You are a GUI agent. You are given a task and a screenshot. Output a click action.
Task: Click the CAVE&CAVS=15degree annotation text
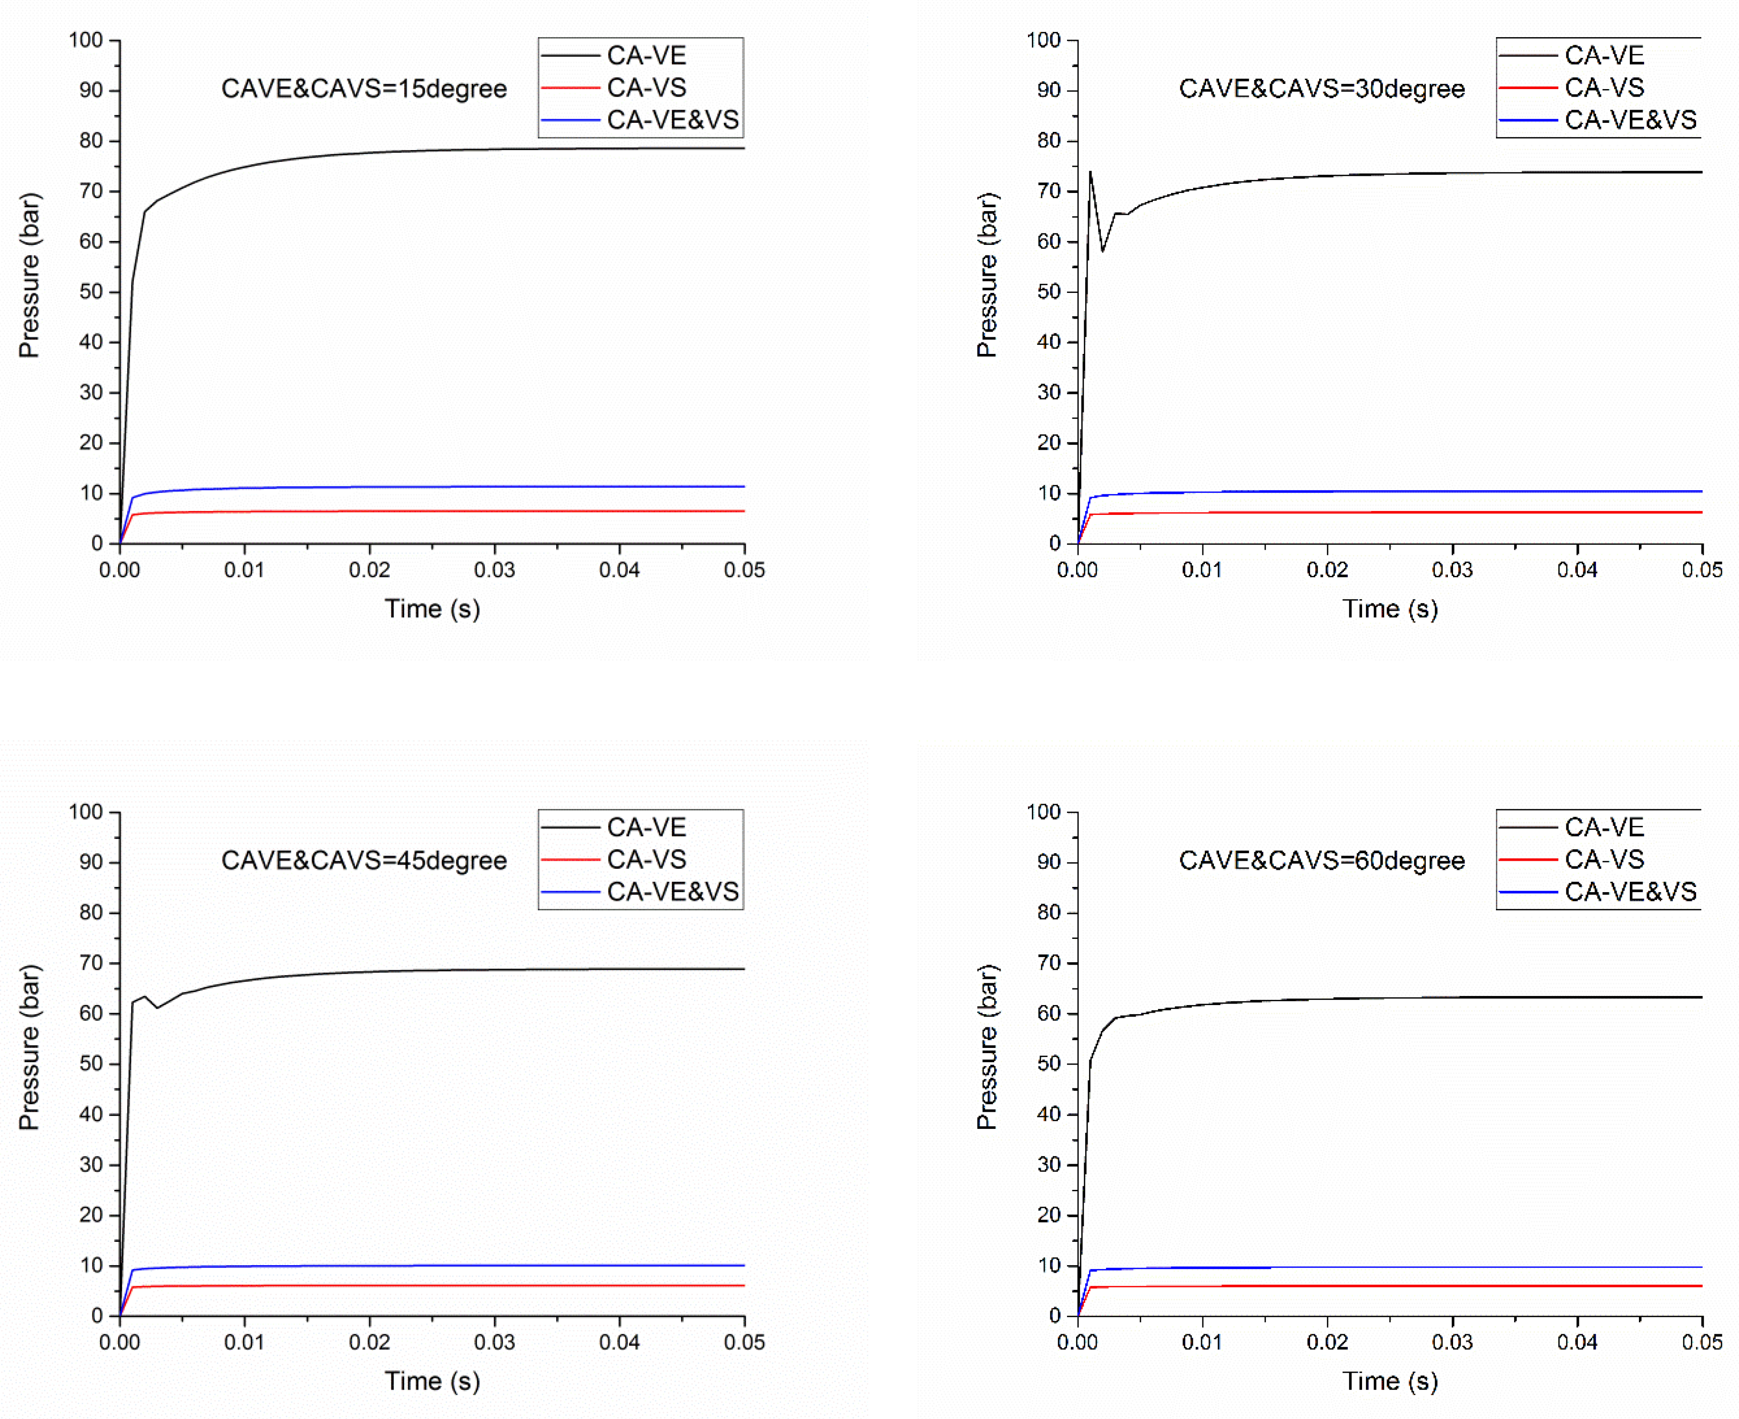364,88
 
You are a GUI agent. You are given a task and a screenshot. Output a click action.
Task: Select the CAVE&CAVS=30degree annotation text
1321,88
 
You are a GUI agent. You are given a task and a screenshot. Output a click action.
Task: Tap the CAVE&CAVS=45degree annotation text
364,861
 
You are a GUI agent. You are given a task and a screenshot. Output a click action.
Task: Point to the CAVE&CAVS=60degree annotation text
1321,861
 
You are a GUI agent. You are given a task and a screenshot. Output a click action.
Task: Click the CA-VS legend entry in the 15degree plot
646,88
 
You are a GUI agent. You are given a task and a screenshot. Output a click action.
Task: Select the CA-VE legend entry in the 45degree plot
646,827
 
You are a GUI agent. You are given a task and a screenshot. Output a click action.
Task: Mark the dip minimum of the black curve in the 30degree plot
1102,251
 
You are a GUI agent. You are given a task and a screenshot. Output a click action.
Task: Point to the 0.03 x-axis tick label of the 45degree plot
495,1342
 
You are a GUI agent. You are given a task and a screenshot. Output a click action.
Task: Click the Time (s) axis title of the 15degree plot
433,609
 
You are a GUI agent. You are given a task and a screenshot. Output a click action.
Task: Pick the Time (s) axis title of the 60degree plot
1390,1381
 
